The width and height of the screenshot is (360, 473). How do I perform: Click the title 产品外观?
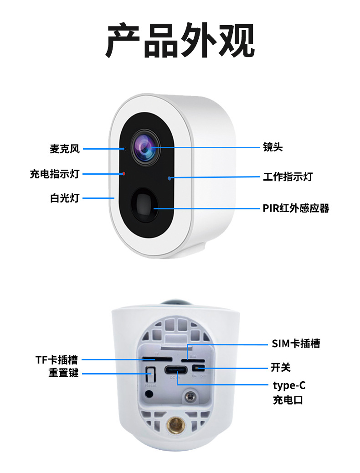point(180,42)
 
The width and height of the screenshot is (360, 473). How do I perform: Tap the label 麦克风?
point(65,149)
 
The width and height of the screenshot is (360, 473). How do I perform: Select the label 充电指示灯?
point(55,174)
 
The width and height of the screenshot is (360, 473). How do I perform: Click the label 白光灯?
point(65,198)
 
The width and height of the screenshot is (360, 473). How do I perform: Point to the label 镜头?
point(273,147)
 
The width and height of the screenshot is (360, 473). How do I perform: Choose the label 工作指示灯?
point(288,177)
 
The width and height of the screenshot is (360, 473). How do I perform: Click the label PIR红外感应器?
point(296,208)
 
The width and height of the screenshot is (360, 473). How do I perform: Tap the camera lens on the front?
point(146,147)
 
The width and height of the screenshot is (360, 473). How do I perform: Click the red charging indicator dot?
point(123,173)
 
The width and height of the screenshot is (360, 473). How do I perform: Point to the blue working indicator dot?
point(170,178)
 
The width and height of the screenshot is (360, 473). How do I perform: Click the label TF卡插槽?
point(57,360)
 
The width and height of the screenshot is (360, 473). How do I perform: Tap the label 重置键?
point(64,373)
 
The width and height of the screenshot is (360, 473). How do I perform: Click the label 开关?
point(280,367)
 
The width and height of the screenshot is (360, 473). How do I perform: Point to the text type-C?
point(289,386)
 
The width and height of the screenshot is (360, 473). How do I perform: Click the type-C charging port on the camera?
point(176,370)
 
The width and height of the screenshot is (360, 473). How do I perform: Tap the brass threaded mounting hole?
point(175,426)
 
